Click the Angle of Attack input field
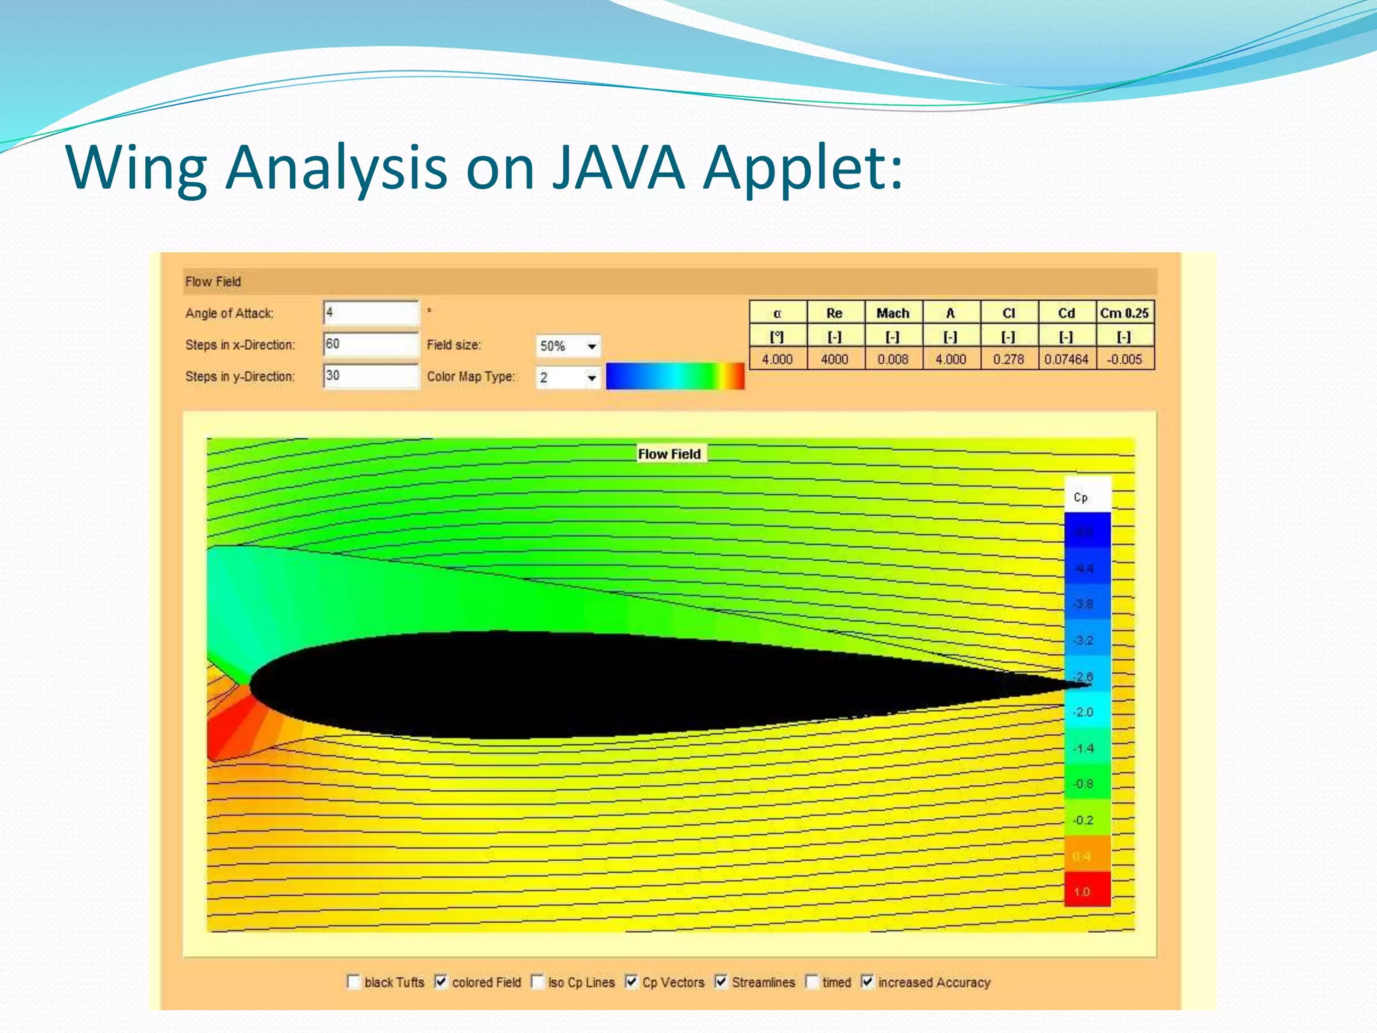tap(370, 313)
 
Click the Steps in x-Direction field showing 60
tap(370, 344)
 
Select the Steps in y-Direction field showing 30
tap(370, 376)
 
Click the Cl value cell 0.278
tap(1008, 359)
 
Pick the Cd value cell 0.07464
tap(1066, 359)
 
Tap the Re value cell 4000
tap(834, 359)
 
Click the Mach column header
tap(892, 313)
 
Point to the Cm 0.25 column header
tap(1124, 313)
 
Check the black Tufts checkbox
tap(354, 982)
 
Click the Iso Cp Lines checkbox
tap(537, 982)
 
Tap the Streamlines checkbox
tap(721, 982)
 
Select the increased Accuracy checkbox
tap(867, 982)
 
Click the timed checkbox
tap(812, 982)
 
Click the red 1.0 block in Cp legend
tap(1087, 890)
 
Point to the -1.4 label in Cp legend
tap(1083, 748)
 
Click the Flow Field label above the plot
tap(669, 454)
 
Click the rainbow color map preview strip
tap(674, 377)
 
